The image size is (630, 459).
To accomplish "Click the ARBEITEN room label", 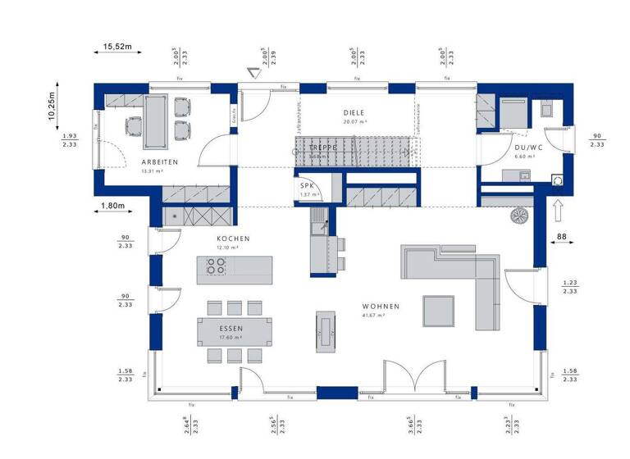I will (160, 162).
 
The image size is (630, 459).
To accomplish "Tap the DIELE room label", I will (354, 113).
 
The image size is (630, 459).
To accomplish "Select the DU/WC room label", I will (524, 146).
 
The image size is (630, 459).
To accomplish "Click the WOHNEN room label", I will (381, 307).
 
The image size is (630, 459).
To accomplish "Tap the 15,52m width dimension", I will (118, 47).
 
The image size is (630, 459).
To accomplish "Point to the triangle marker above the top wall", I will (253, 74).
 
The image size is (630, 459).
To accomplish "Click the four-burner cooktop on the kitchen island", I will (216, 266).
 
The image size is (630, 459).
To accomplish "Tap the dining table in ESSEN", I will (234, 330).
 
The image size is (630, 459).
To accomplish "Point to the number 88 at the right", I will (561, 238).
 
